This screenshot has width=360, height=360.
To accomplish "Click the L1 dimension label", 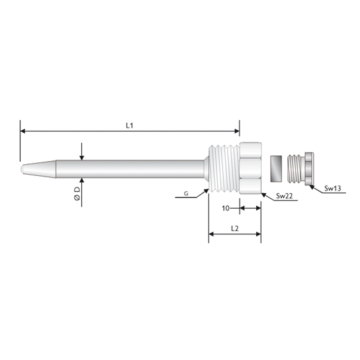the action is coord(130,126).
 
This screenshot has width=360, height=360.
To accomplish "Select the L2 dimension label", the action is coord(235,229).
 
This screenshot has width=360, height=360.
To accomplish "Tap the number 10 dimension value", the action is coord(226,208).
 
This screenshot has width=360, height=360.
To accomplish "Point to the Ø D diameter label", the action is coord(77,194).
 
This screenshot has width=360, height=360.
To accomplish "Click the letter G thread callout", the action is coord(186,194).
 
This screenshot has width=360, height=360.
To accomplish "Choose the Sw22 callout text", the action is coord(284,196).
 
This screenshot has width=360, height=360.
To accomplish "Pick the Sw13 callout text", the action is coord(333,189).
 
